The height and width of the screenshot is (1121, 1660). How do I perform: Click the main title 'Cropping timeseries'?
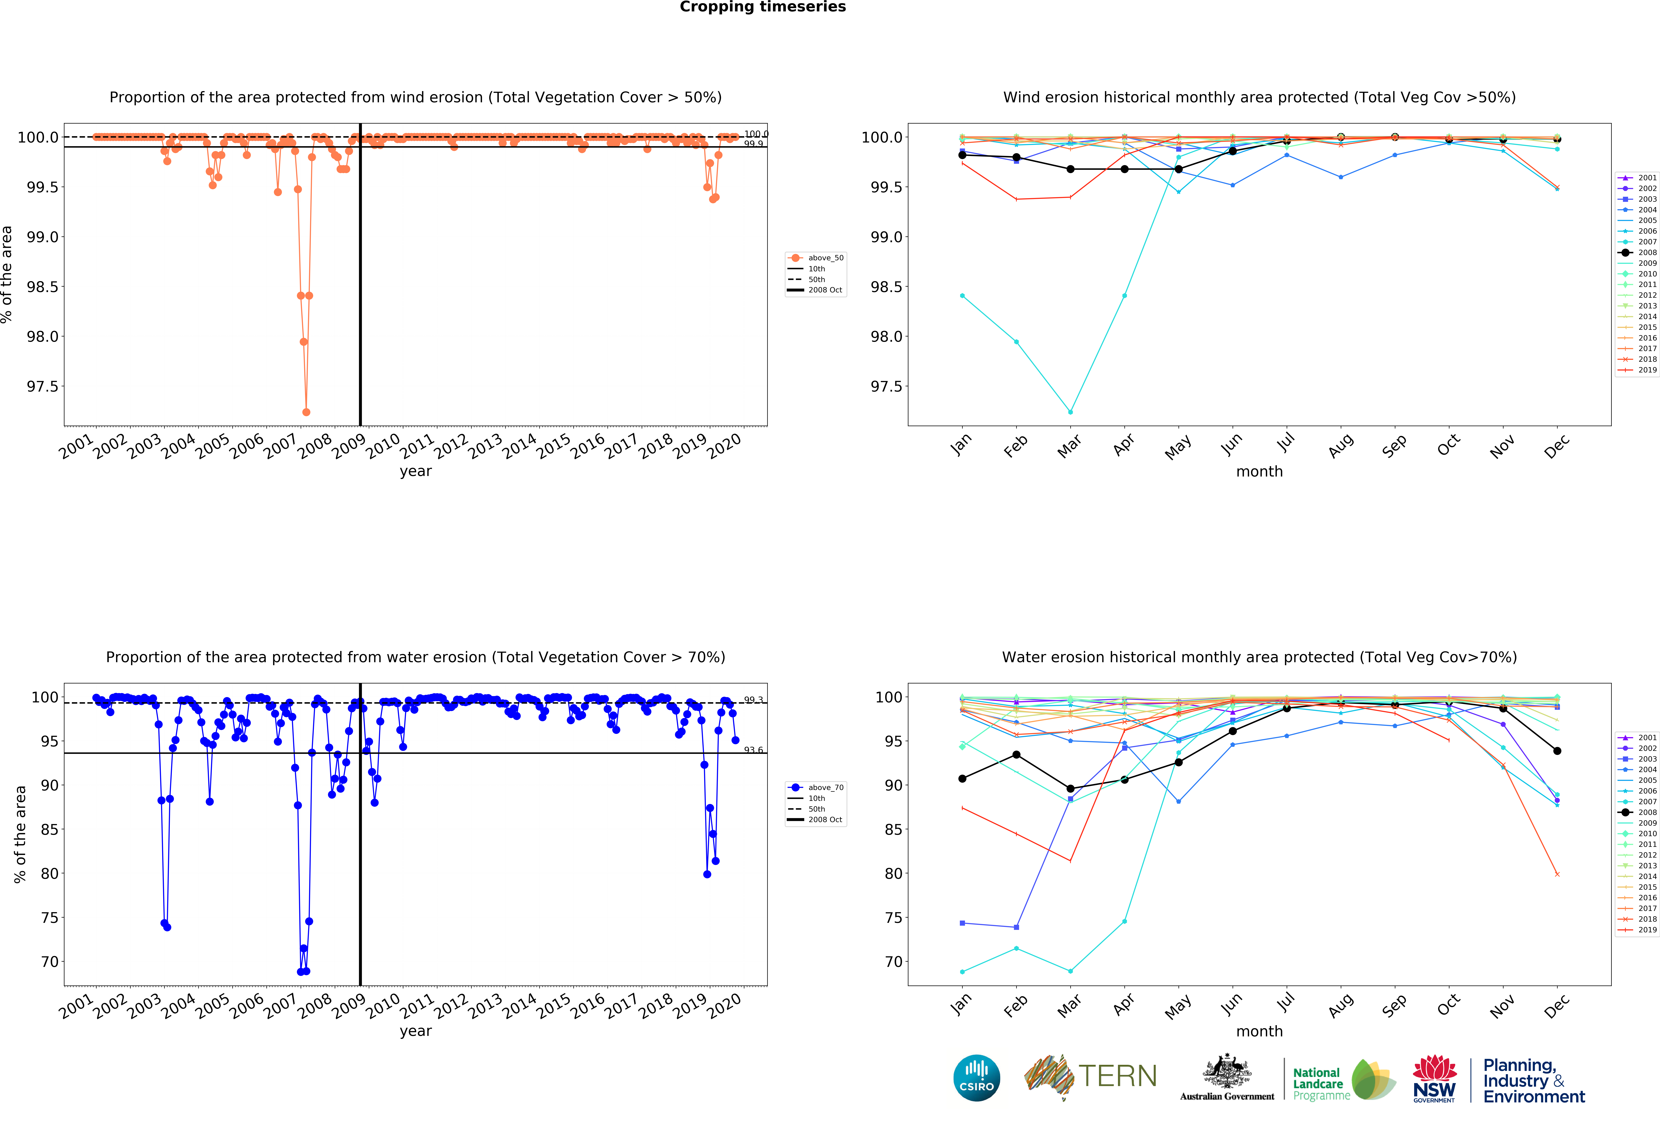tap(762, 7)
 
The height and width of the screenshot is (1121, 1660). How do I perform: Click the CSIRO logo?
tap(976, 1077)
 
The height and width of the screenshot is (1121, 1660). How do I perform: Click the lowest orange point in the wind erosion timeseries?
tap(306, 412)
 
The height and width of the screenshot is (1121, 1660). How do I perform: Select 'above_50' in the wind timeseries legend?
tap(825, 258)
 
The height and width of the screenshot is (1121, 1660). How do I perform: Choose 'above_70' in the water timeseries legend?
tap(825, 788)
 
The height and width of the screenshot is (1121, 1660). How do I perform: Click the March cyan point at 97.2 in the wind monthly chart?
tap(1070, 412)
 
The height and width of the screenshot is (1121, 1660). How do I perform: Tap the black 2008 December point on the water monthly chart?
tap(1557, 751)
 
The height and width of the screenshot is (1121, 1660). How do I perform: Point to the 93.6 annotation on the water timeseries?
tap(754, 750)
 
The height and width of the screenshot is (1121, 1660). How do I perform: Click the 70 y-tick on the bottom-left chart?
tap(49, 962)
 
